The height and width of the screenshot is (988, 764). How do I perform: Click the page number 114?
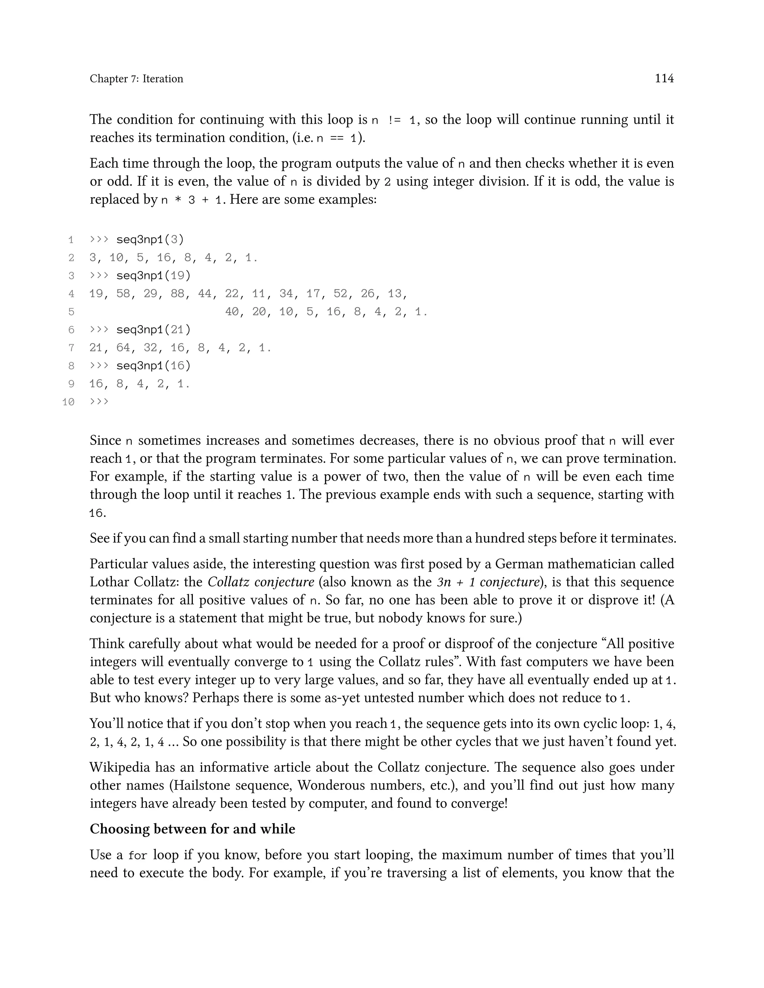[x=664, y=79]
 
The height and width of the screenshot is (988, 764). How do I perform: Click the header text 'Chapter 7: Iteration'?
[x=136, y=79]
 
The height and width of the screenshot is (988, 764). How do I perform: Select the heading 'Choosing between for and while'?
[x=192, y=829]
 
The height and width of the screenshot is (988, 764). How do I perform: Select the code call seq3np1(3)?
[x=150, y=239]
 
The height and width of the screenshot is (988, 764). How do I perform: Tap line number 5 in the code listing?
[x=71, y=312]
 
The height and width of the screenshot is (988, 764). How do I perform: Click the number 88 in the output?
[x=178, y=293]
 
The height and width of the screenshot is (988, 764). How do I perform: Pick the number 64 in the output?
[x=123, y=348]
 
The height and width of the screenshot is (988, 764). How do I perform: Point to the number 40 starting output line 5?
[x=232, y=312]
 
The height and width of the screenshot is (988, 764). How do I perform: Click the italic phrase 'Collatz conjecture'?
[x=261, y=582]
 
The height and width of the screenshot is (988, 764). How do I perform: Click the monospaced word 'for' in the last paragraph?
[x=138, y=855]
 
